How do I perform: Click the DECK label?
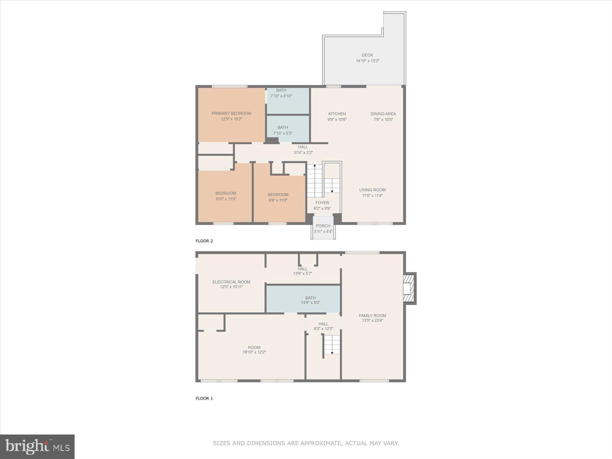click(367, 55)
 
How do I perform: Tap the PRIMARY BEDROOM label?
click(231, 114)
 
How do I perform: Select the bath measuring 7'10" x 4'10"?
click(281, 93)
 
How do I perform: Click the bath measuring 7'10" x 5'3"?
click(283, 130)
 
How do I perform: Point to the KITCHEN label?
click(337, 114)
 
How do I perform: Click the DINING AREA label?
click(383, 114)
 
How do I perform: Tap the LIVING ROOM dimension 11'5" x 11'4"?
click(372, 196)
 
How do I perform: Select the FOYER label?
click(322, 203)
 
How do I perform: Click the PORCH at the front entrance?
click(323, 228)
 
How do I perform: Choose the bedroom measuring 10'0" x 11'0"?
click(226, 196)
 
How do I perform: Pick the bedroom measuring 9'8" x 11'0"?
click(278, 197)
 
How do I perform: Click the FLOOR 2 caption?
click(204, 241)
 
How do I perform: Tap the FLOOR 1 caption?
click(204, 398)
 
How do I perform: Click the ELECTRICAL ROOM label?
click(231, 282)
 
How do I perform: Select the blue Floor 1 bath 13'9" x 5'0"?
click(310, 300)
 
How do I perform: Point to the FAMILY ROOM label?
click(372, 316)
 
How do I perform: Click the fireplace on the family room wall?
click(410, 288)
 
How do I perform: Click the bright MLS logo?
click(37, 446)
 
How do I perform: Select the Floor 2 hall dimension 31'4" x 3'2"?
click(303, 153)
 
